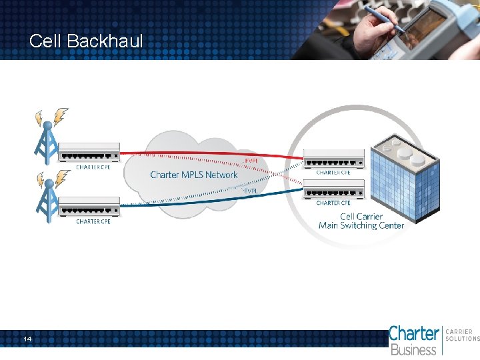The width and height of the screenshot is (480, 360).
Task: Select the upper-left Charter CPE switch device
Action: (89, 153)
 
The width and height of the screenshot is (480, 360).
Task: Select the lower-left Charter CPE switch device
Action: (89, 207)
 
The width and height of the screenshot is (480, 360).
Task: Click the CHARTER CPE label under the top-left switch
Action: (93, 167)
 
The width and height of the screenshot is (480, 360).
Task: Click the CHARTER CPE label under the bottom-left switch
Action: (93, 221)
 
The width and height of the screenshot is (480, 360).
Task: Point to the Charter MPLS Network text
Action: (193, 175)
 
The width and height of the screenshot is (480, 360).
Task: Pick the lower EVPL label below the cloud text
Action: (251, 191)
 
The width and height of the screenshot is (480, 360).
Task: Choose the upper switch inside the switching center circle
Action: (334, 159)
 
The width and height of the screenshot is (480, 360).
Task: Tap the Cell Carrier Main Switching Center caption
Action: (361, 221)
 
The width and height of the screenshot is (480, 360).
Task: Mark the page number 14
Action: (27, 340)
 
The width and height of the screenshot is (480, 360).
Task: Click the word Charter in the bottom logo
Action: (413, 333)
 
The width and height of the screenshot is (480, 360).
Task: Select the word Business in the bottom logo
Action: (413, 349)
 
